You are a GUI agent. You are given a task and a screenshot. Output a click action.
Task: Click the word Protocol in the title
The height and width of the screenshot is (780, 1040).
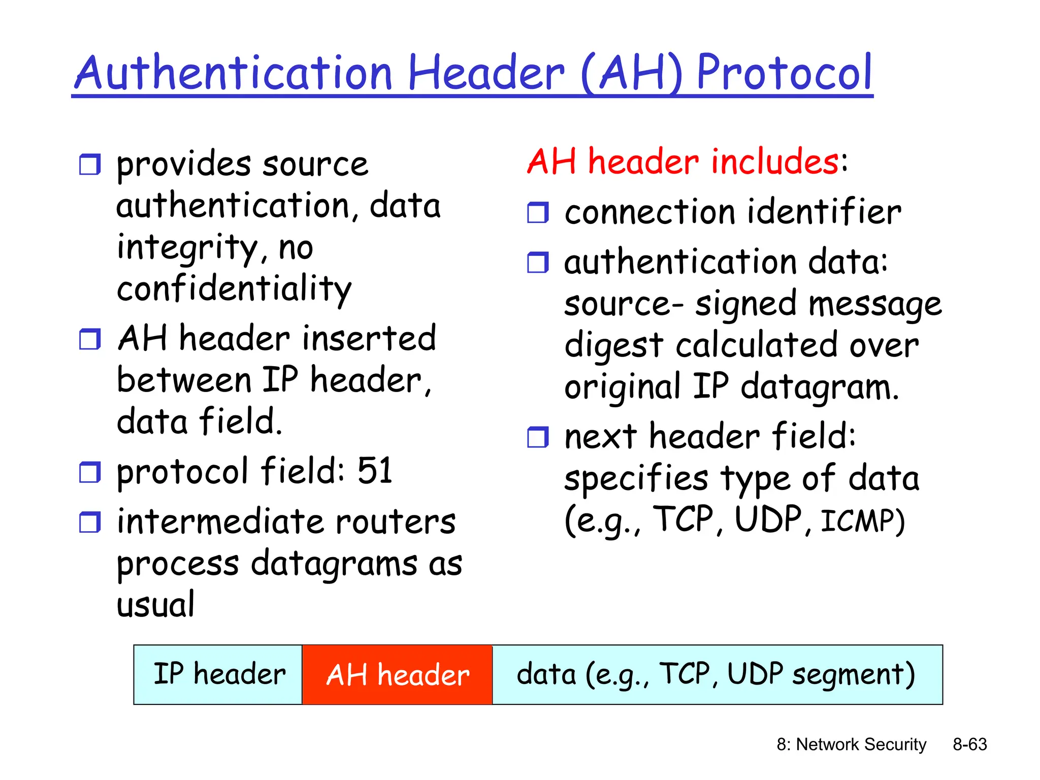coord(785,74)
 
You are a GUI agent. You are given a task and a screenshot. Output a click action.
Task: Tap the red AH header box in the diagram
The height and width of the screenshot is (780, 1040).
coord(397,675)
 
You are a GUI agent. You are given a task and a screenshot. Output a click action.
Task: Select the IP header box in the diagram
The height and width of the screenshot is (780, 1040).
coord(218,675)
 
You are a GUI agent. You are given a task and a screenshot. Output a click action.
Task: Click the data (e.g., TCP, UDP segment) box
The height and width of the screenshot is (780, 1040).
coord(717,675)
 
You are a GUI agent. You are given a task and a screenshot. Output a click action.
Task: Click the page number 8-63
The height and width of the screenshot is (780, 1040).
coord(969,744)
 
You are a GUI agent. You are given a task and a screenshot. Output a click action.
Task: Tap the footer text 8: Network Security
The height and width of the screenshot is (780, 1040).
coord(851,744)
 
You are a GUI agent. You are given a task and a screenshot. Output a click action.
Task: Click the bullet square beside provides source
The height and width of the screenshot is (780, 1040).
coord(90,165)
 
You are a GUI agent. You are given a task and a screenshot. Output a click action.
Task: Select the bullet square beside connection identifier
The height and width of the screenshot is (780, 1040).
coord(538,213)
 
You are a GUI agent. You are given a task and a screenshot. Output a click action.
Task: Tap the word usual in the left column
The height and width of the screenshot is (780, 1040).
coord(155,605)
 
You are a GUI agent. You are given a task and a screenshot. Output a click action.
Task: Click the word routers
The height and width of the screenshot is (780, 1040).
coord(396,522)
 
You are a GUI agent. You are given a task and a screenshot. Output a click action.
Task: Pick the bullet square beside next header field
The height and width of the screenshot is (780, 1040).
coord(538,437)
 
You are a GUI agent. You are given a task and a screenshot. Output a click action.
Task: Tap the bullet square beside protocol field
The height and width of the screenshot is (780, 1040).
coord(90,472)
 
